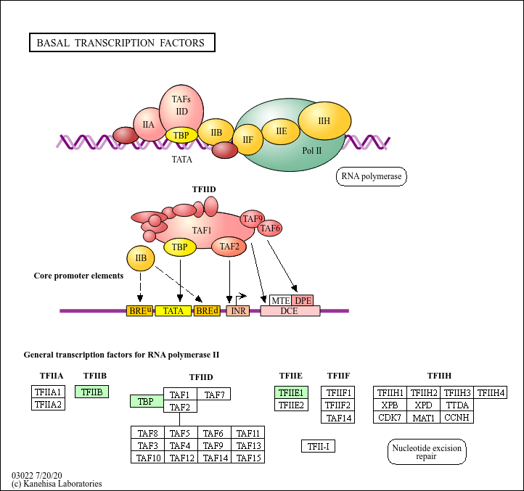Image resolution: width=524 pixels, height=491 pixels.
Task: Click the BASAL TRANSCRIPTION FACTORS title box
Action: [x=121, y=43]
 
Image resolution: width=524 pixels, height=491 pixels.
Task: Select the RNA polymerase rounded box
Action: [x=371, y=176]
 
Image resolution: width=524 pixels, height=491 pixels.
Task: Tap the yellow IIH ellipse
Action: [x=324, y=120]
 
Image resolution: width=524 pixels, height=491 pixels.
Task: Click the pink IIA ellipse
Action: [x=148, y=125]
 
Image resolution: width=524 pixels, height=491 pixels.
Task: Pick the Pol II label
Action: [x=312, y=150]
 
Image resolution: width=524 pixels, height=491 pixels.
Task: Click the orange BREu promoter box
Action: [x=140, y=311]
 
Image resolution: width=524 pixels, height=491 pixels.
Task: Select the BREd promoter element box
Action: [x=207, y=311]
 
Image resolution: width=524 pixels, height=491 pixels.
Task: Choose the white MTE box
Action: [x=280, y=300]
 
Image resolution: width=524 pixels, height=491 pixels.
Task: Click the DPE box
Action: [x=303, y=300]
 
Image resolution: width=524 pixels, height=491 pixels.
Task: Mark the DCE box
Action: [x=290, y=311]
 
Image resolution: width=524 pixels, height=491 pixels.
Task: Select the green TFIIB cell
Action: [x=92, y=392]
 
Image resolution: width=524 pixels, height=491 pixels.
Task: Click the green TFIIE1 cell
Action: [x=291, y=392]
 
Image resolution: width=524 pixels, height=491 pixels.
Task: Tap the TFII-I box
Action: [x=318, y=446]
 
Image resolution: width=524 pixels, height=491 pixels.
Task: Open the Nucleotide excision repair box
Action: [x=427, y=453]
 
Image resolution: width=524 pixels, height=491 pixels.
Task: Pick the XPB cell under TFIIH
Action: [x=390, y=405]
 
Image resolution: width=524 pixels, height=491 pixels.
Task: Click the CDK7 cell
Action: [x=390, y=417]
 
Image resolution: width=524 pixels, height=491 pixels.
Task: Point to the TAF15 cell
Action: [x=248, y=458]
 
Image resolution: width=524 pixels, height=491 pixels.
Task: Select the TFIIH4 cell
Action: [x=491, y=392]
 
